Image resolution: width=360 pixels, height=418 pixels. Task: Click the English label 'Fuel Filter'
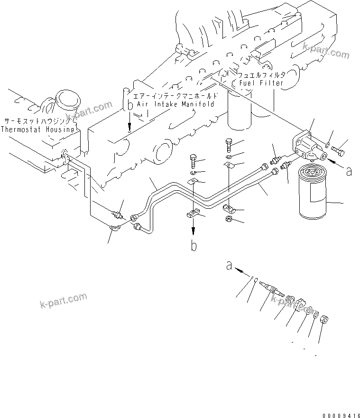(x=261, y=83)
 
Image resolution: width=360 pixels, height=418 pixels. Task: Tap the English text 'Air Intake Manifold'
(x=175, y=104)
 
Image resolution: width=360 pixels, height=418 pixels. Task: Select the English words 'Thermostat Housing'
(x=37, y=129)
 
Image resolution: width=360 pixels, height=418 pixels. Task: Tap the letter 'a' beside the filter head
(x=349, y=171)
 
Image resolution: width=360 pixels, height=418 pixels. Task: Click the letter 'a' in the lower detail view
(x=229, y=267)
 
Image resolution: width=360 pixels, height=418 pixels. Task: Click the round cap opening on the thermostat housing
(x=65, y=100)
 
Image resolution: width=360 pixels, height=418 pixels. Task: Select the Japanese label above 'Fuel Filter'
(x=261, y=75)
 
